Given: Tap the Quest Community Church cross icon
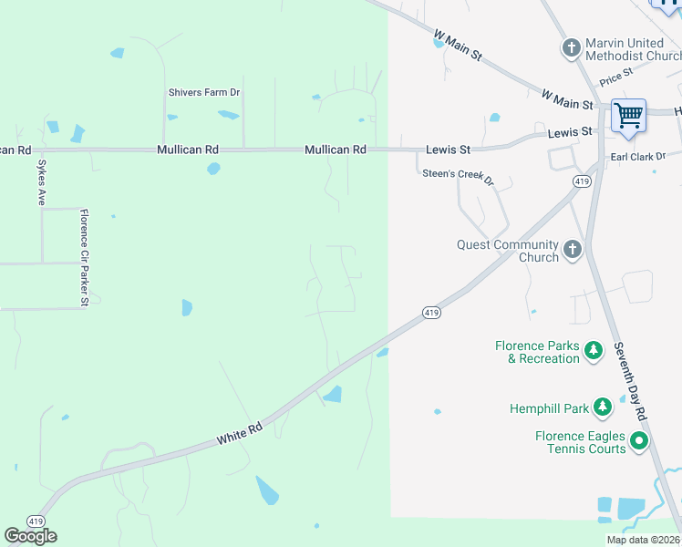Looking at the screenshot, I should pos(572,250).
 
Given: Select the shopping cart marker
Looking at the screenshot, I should pos(628,117).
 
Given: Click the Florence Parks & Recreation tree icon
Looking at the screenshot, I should pos(594,351).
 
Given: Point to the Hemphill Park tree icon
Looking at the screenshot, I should pos(602,408).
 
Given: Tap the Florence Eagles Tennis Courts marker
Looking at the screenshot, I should pos(639,442).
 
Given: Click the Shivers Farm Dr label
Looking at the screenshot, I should pos(203,92).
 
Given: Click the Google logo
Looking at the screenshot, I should pos(30,535).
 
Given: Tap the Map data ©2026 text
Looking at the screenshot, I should pos(643,540).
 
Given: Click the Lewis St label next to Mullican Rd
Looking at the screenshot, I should pos(448,150).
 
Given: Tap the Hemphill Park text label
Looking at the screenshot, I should pos(547,409).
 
